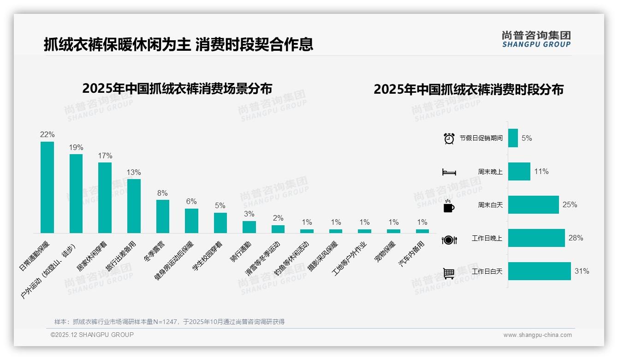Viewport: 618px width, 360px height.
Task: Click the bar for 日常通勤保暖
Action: coord(47,187)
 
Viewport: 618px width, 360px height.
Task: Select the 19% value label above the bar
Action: coord(76,148)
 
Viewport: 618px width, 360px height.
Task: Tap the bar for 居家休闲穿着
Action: coord(105,198)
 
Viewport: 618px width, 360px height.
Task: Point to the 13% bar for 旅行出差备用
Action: coord(134,206)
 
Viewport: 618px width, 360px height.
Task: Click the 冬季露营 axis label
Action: coord(155,251)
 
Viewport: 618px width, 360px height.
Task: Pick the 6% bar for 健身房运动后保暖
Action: coord(191,221)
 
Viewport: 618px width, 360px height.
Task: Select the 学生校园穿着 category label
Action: coord(208,256)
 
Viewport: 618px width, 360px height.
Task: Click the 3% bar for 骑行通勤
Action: coord(249,227)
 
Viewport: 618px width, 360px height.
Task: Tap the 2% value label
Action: coord(278,218)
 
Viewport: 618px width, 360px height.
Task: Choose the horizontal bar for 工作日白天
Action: coord(539,271)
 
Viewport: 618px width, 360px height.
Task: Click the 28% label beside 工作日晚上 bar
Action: coord(576,238)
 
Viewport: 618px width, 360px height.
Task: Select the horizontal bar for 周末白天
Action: coord(533,205)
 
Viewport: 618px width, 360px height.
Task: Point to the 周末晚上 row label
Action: coord(490,172)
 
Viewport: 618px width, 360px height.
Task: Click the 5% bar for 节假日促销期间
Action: coord(513,138)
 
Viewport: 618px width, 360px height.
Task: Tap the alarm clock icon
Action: coord(449,138)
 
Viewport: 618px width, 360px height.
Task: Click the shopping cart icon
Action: coord(449,273)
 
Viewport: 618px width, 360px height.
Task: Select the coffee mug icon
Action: coord(449,206)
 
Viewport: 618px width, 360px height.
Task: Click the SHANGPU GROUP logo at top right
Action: coord(536,39)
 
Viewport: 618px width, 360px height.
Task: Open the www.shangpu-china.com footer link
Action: coord(537,335)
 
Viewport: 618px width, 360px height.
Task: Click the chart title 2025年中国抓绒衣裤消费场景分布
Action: coord(177,89)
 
